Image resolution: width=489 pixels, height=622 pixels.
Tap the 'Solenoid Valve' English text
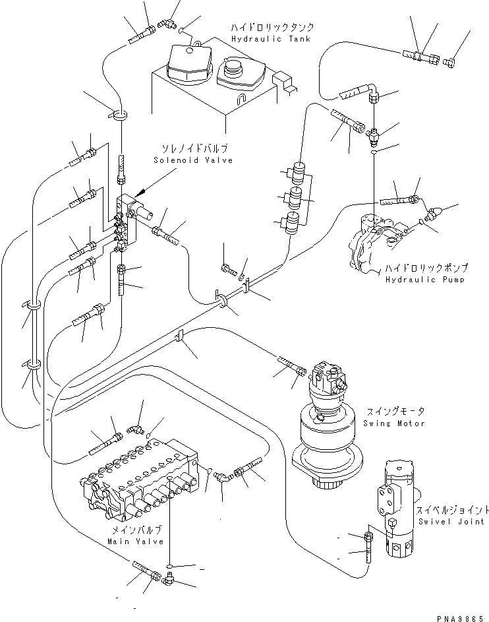pos(192,160)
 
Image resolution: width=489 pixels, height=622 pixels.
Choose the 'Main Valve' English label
pos(134,541)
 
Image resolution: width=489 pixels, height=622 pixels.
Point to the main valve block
pos(142,485)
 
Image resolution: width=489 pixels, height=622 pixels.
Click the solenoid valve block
pos(125,221)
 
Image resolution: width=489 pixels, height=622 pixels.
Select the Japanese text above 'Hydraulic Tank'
pos(272,28)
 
